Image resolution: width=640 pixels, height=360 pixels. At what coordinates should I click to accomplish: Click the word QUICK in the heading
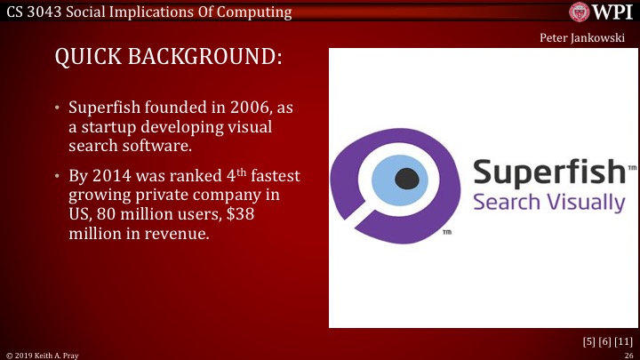[89, 58]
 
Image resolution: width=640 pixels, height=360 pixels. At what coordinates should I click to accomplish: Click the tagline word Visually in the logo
[588, 203]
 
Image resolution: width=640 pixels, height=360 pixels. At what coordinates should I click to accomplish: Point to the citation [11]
[623, 341]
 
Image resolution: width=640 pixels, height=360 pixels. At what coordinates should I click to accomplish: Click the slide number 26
[628, 354]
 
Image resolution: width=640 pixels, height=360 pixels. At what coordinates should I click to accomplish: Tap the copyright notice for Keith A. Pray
[42, 354]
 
